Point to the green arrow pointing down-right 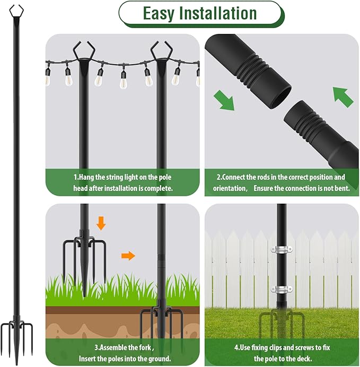224,100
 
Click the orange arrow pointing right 128,256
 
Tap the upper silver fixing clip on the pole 282,249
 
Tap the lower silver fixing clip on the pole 282,289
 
